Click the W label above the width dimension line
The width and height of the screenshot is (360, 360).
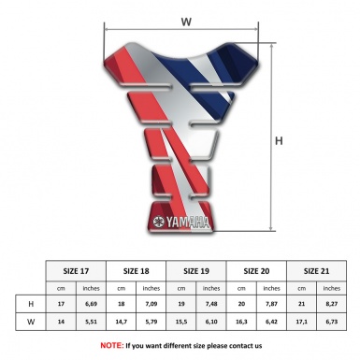(186, 22)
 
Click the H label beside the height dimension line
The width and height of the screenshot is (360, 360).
(279, 141)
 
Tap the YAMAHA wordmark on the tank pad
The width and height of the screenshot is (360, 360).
(187, 223)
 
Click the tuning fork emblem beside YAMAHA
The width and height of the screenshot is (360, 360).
(159, 222)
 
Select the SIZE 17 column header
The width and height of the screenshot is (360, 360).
(76, 271)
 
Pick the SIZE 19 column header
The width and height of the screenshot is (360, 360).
(196, 271)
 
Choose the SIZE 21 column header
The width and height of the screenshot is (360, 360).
(316, 271)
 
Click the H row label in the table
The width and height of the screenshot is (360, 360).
(31, 304)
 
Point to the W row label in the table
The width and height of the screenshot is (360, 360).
(31, 322)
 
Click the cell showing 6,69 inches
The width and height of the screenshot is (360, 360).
(91, 304)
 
